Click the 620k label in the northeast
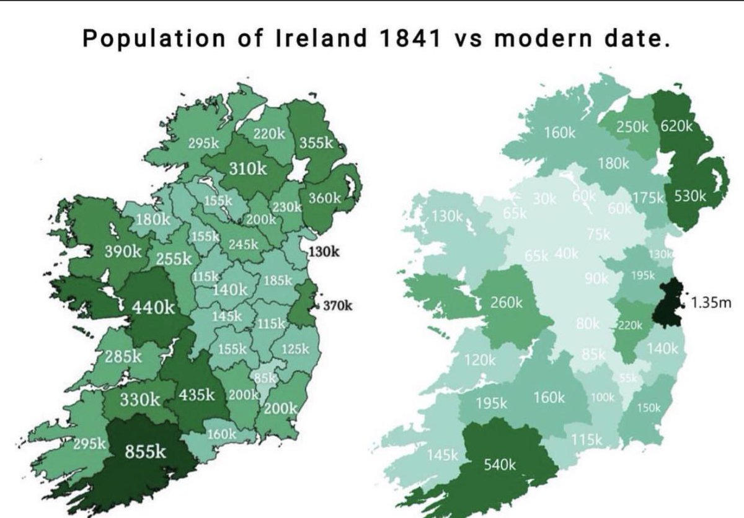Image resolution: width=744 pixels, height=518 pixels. click(675, 126)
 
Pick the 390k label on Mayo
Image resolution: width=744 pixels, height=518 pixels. click(123, 252)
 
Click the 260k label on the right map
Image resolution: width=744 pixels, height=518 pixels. click(507, 304)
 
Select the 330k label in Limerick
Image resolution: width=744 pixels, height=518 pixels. click(140, 400)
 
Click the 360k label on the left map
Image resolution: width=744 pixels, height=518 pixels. click(325, 198)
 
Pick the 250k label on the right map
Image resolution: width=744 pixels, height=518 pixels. click(632, 126)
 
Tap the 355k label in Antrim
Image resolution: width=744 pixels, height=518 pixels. click(317, 142)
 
